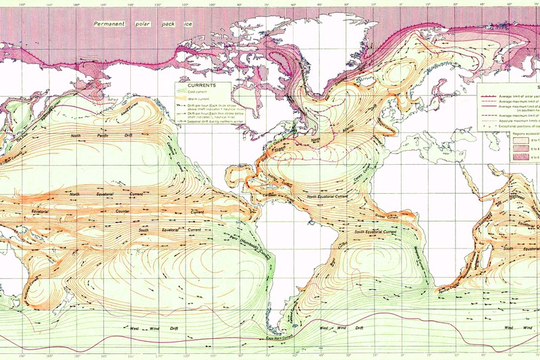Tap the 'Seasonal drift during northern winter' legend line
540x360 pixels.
202,121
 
